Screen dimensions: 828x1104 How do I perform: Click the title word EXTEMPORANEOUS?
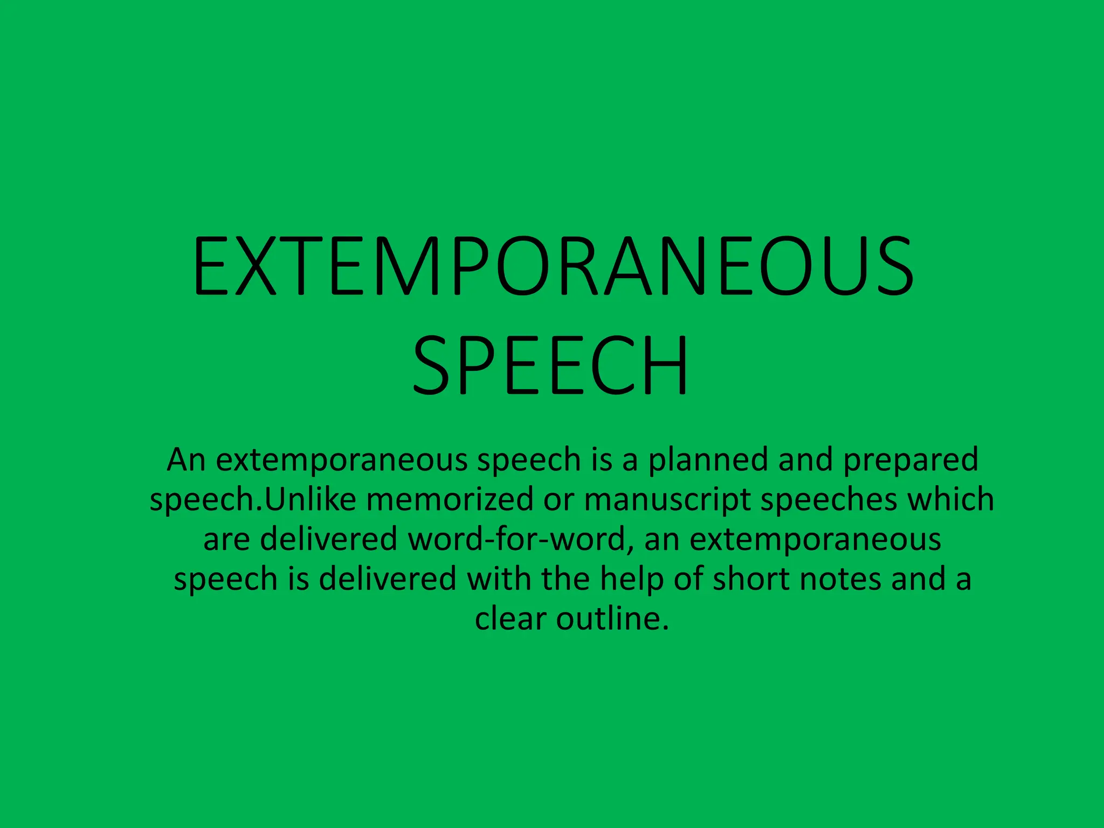tap(553, 266)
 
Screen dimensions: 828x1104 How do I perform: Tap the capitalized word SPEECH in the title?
tap(551, 366)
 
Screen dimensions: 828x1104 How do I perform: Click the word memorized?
tap(450, 499)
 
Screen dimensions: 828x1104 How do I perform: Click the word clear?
tap(510, 618)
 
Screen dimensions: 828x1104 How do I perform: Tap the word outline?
tap(612, 618)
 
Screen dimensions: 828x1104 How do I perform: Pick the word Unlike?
tap(310, 499)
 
